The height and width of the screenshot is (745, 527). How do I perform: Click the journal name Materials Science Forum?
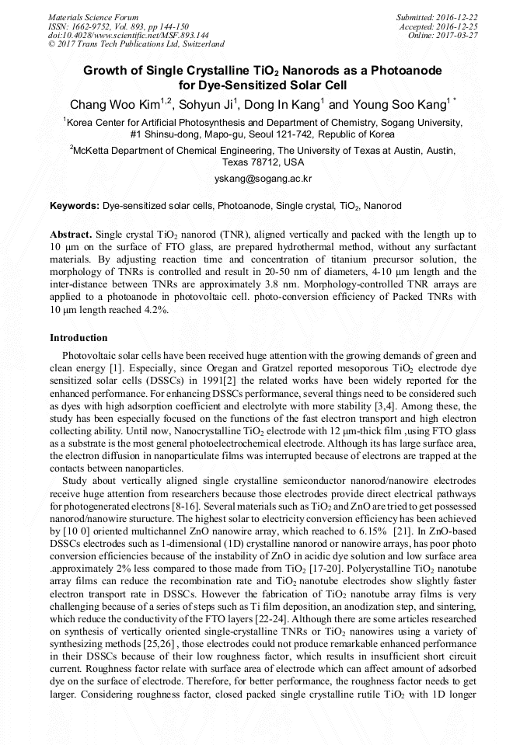point(93,17)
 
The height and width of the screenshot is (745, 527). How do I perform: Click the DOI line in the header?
point(128,36)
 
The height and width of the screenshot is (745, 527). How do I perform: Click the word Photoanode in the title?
point(404,70)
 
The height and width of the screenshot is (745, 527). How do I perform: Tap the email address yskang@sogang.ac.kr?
point(263,179)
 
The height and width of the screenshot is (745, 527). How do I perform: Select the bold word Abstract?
point(72,234)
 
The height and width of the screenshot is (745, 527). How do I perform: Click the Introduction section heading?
point(79,338)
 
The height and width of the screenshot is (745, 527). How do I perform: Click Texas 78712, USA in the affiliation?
point(263,163)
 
